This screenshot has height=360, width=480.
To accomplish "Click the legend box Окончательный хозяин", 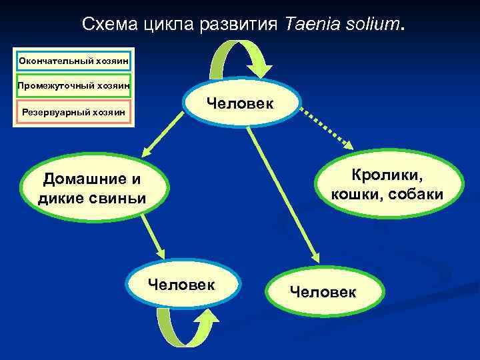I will tap(74, 61).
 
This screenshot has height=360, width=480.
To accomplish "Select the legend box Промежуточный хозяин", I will tap(74, 85).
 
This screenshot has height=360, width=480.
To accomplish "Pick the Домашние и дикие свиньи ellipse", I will tap(93, 188).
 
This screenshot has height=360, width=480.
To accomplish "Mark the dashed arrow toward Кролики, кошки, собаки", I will tap(327, 127).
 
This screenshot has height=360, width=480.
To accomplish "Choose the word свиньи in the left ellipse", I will tap(117, 198).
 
